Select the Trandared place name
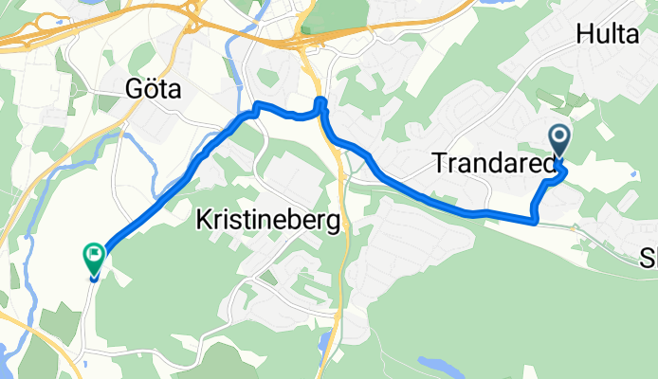[x=493, y=164]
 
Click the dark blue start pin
[x=559, y=143]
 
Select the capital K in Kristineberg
[x=202, y=220]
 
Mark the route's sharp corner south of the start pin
[x=537, y=221]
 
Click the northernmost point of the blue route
[x=320, y=99]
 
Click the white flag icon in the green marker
[x=94, y=253]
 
